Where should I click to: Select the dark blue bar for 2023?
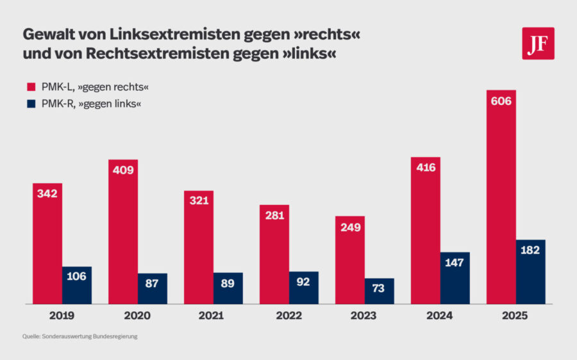380,291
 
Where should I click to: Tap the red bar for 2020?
123,231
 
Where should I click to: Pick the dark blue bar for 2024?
455,278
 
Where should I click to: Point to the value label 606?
501,101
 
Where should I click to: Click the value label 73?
380,288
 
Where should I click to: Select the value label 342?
47,193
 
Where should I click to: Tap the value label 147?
455,263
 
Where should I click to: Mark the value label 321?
199,201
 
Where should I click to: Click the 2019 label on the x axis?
62,316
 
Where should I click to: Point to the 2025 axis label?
516,316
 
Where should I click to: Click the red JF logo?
538,44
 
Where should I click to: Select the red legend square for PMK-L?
29,86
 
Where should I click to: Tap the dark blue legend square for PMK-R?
29,104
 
